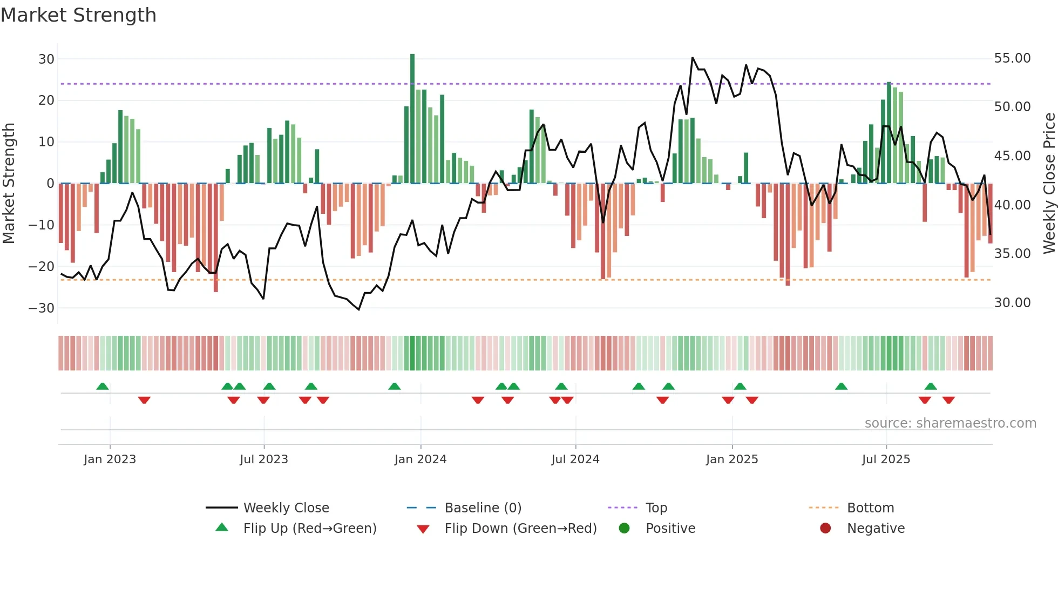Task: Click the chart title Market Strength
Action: click(x=78, y=15)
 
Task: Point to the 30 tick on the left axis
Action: click(x=46, y=59)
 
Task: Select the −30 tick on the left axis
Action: click(x=42, y=308)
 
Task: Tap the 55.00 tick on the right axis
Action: click(x=1012, y=58)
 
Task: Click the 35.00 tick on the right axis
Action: click(x=1012, y=254)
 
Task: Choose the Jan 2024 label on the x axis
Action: click(x=421, y=459)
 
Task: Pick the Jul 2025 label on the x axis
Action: click(x=886, y=459)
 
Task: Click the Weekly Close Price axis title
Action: click(x=1049, y=184)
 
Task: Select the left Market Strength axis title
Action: click(x=9, y=184)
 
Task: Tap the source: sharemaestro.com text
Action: click(x=950, y=423)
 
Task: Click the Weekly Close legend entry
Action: click(x=286, y=508)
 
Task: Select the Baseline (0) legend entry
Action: click(x=483, y=508)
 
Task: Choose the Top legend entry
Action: click(x=656, y=508)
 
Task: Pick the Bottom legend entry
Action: click(x=870, y=508)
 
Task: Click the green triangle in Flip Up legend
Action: click(x=222, y=528)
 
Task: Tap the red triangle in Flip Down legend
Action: click(x=423, y=529)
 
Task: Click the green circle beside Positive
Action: click(x=624, y=528)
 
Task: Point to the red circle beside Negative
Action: click(x=825, y=528)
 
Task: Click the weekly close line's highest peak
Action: click(x=693, y=58)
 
